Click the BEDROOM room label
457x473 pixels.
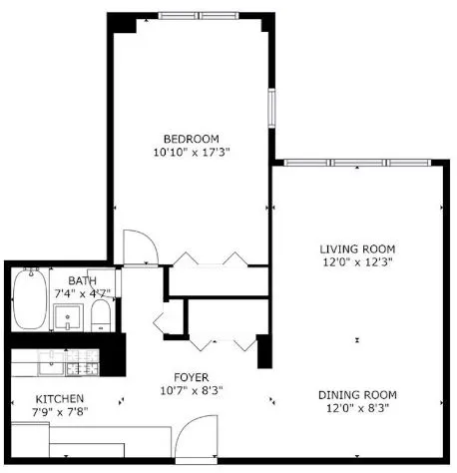point(191,138)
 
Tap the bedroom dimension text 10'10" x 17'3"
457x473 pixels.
point(191,153)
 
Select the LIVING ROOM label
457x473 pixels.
point(357,248)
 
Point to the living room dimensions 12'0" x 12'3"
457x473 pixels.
point(357,262)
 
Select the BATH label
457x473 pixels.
point(82,281)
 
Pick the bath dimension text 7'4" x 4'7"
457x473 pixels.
point(82,295)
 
